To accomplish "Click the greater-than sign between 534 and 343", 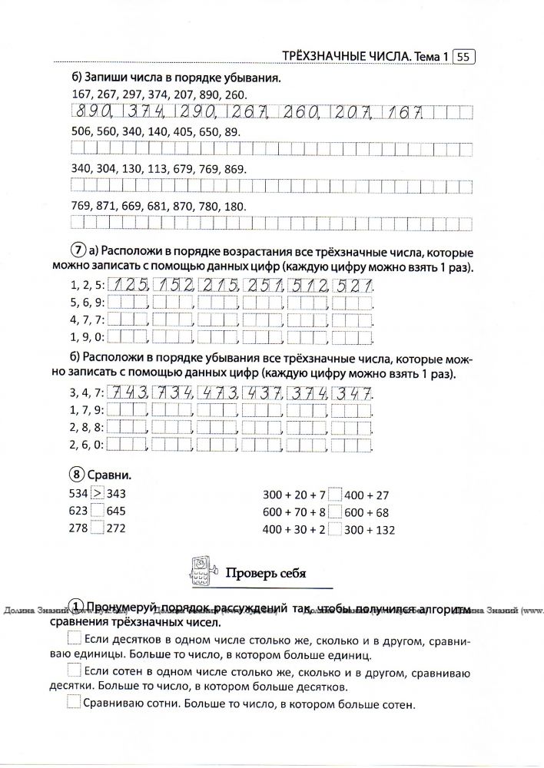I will (x=97, y=494).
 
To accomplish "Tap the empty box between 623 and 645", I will (x=97, y=511).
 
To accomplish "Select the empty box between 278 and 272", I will (x=97, y=528).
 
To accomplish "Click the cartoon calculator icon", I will (x=199, y=571).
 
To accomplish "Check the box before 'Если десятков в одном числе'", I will (x=74, y=639).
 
